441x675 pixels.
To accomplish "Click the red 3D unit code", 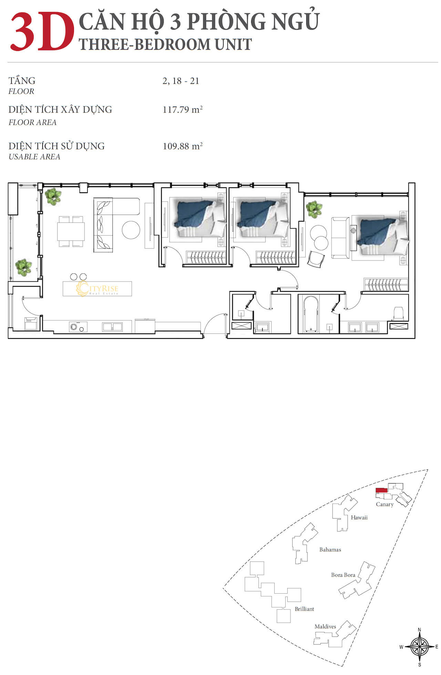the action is (42, 32).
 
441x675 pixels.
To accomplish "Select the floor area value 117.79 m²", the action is (182, 110).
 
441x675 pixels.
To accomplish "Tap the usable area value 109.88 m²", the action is (182, 146).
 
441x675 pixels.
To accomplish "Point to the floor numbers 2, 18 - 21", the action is (181, 81).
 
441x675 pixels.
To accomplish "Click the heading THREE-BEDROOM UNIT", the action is (165, 44).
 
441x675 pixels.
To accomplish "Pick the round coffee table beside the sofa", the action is (131, 230).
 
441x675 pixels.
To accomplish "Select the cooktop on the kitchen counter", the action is (78, 327).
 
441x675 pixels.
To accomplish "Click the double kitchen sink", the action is (112, 327).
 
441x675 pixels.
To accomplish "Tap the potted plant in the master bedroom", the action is (314, 209).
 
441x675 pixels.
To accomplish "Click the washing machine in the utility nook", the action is (30, 324).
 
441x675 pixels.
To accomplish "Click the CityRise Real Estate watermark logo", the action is (97, 289).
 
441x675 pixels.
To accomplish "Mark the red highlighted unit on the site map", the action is (381, 490).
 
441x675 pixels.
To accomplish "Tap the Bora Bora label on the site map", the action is (343, 575).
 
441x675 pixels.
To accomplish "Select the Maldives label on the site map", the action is (325, 626).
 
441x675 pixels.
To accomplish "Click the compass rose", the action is (419, 647).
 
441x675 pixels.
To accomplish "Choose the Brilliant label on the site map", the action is (305, 609).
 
